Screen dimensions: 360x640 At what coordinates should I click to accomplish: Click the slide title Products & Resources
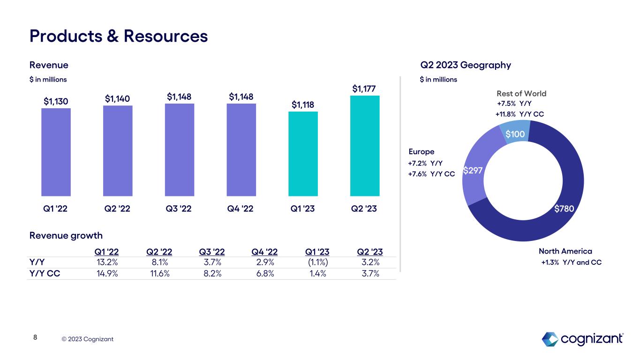[x=119, y=36]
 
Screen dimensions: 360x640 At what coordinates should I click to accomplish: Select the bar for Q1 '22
[x=56, y=152]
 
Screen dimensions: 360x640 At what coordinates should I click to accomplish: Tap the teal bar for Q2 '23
[x=365, y=146]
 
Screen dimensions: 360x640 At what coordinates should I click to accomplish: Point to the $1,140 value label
[x=118, y=98]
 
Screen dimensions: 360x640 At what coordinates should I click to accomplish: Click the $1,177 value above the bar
[x=365, y=89]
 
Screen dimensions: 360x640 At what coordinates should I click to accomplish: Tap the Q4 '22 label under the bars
[x=241, y=209]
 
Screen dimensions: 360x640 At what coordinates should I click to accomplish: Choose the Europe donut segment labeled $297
[x=473, y=171]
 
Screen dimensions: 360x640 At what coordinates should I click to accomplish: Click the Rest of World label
[x=521, y=94]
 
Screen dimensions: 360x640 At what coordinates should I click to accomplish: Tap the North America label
[x=559, y=251]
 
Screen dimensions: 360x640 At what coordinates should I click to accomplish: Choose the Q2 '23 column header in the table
[x=369, y=252]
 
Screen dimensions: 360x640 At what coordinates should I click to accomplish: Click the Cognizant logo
[x=582, y=338]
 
